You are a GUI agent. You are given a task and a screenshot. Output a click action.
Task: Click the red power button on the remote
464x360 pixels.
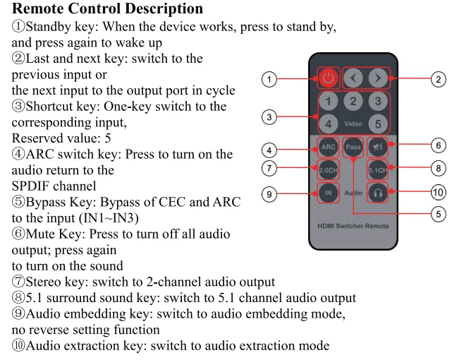328,78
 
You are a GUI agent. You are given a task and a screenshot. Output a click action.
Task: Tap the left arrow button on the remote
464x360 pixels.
353,78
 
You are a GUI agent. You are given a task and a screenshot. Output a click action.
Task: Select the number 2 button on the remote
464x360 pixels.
353,102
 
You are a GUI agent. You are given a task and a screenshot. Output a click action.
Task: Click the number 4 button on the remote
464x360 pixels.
328,124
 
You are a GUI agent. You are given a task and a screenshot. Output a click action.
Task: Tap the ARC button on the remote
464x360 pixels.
328,147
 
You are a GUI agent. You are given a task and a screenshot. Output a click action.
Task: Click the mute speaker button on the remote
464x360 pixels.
377,147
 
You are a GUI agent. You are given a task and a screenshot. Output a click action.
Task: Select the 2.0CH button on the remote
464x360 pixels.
328,170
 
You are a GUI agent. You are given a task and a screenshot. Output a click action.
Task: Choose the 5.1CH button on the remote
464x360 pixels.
377,170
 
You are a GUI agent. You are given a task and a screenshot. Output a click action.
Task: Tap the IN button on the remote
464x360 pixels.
328,193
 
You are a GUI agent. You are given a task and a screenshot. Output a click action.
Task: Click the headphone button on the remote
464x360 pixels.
377,193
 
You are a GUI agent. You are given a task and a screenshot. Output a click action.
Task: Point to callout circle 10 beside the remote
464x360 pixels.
438,192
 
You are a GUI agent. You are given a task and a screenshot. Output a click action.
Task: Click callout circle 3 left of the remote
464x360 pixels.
269,117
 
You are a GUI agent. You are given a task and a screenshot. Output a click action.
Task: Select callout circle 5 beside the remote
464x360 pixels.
438,214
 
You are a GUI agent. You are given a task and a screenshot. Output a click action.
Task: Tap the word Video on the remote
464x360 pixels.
353,124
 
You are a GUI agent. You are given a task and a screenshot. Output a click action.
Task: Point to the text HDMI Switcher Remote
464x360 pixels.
353,226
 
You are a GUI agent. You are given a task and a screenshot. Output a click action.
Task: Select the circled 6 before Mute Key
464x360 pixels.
18,234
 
